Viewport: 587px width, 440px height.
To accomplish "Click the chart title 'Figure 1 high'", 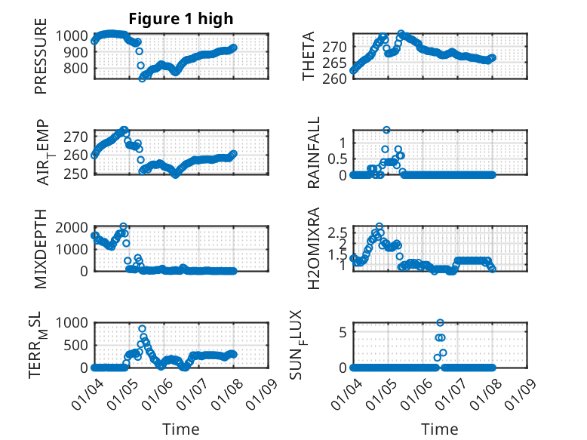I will (180, 18).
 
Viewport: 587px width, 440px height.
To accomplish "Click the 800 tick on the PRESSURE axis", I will (77, 68).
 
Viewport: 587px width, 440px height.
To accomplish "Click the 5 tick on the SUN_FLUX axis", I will (342, 332).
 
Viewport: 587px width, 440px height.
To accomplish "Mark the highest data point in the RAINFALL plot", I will (386, 130).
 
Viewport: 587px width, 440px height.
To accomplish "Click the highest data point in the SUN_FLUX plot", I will (440, 323).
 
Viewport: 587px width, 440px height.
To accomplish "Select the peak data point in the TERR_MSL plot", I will (142, 329).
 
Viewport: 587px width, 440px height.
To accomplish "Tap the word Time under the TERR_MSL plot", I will (181, 429).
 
